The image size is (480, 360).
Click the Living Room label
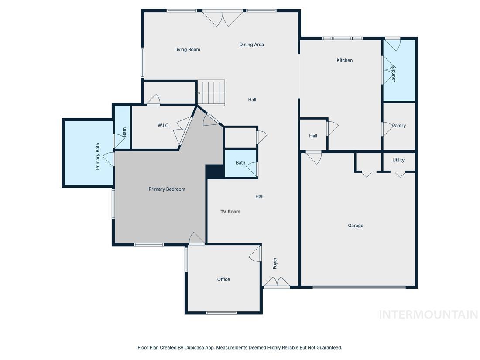(187, 50)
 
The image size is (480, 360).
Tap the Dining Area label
(251, 45)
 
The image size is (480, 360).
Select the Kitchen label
(344, 60)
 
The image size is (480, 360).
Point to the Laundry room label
(394, 74)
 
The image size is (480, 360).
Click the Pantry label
(399, 126)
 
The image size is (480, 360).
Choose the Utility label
(398, 160)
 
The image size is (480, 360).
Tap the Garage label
(355, 226)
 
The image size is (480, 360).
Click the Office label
(223, 279)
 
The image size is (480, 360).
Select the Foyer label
(275, 263)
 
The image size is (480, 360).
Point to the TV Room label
(230, 212)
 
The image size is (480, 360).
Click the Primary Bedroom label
(167, 189)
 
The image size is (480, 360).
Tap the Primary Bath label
(98, 156)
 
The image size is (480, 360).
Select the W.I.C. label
(164, 126)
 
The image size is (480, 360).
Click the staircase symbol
(211, 93)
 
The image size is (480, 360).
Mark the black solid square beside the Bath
(214, 171)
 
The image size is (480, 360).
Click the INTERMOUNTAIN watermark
(428, 315)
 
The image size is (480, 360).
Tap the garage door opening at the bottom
(359, 287)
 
